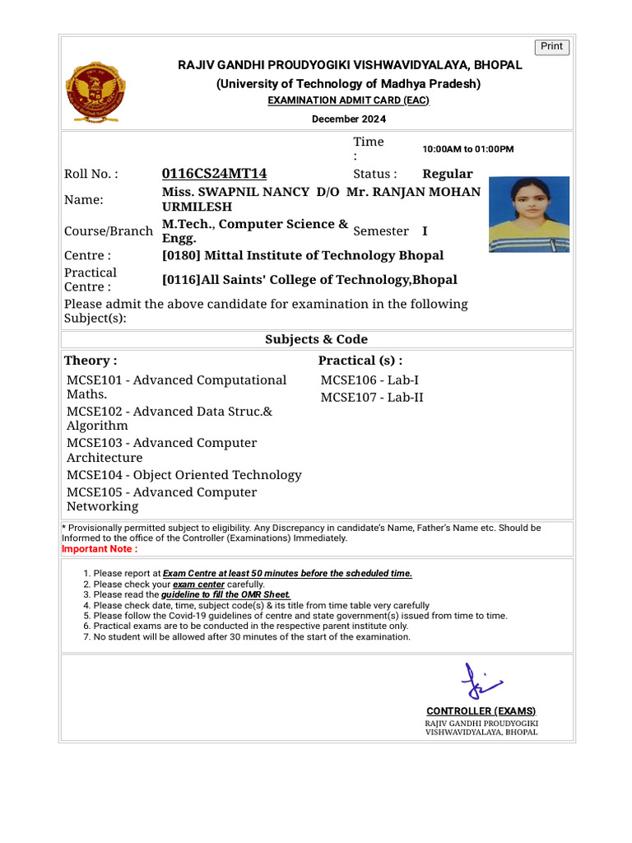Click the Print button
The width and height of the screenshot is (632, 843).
click(x=551, y=47)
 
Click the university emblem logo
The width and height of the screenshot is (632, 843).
click(x=93, y=91)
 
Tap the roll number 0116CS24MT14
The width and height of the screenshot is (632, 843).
click(x=214, y=174)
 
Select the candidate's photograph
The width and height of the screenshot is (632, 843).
click(x=528, y=214)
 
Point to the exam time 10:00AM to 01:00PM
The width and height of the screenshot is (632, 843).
click(x=467, y=149)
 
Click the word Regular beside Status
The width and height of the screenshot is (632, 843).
click(x=447, y=174)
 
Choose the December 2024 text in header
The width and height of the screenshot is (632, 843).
click(x=348, y=119)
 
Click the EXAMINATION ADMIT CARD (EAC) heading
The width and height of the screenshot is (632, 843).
click(x=348, y=100)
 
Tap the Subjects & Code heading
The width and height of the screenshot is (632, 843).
click(x=316, y=339)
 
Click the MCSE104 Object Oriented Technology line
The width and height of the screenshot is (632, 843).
click(x=184, y=475)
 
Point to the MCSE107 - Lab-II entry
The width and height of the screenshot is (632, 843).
click(x=371, y=398)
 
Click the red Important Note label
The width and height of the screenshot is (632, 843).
click(x=100, y=549)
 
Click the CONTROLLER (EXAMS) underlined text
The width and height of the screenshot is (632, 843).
click(x=481, y=711)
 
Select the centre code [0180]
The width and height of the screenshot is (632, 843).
click(x=182, y=255)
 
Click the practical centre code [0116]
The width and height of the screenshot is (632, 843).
click(x=182, y=280)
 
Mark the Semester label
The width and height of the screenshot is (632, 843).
click(x=380, y=231)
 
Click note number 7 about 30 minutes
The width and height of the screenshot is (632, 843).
click(x=251, y=636)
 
